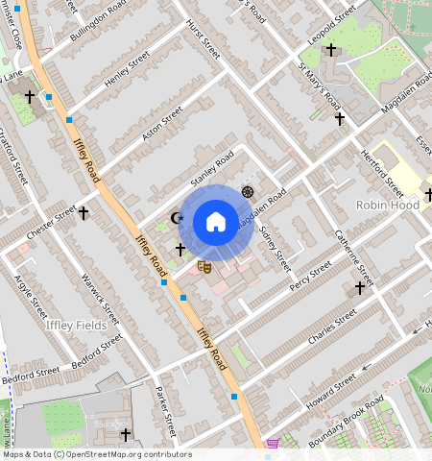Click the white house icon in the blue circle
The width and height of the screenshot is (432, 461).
coord(216,223)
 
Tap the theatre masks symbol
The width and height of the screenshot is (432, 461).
coord(204,264)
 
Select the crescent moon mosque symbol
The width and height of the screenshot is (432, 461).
coord(176,218)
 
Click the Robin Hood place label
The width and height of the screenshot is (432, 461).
coord(387,205)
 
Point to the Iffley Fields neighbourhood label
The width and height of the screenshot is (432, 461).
coord(75,326)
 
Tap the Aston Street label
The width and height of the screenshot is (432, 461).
coord(161,124)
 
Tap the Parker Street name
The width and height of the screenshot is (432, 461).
coord(166,410)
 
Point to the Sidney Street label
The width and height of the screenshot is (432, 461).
coord(276,250)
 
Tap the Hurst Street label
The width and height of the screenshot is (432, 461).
coord(203,36)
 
